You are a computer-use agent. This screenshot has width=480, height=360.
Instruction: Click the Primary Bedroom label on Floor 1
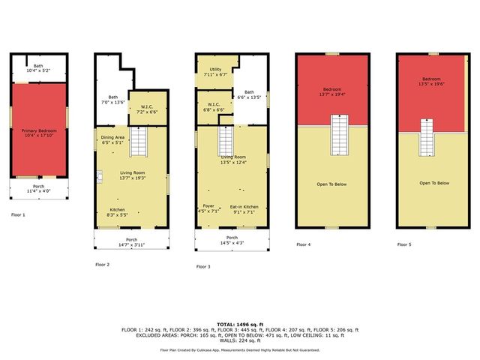(x=39, y=130)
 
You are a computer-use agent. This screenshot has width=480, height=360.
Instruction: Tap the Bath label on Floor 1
(x=38, y=66)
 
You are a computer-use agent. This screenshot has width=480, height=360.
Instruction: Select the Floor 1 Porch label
(x=38, y=187)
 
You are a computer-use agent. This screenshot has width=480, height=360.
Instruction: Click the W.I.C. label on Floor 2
(x=147, y=106)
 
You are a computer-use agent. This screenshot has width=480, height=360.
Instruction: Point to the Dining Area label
(x=112, y=138)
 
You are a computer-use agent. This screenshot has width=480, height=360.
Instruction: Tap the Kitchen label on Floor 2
(x=118, y=209)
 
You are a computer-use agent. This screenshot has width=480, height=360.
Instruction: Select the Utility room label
(x=214, y=70)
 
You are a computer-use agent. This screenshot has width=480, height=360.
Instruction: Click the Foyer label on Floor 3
(x=208, y=206)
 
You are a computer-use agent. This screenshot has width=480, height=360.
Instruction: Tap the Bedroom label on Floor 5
(x=431, y=79)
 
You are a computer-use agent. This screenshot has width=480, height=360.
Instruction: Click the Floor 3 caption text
(x=203, y=266)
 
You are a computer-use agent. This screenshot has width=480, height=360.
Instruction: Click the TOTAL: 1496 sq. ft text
(x=240, y=324)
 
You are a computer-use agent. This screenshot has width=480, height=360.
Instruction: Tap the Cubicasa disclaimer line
(x=240, y=350)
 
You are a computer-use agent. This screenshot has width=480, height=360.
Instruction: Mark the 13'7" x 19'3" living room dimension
(x=131, y=178)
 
